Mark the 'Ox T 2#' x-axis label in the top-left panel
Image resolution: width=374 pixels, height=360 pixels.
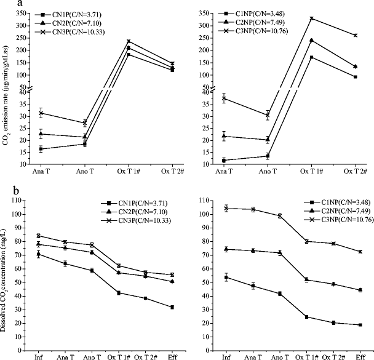pos(172,170)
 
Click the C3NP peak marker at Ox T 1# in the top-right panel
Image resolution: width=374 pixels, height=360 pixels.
pos(312,18)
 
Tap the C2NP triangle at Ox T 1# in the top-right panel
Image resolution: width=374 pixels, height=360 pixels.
pos(312,41)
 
